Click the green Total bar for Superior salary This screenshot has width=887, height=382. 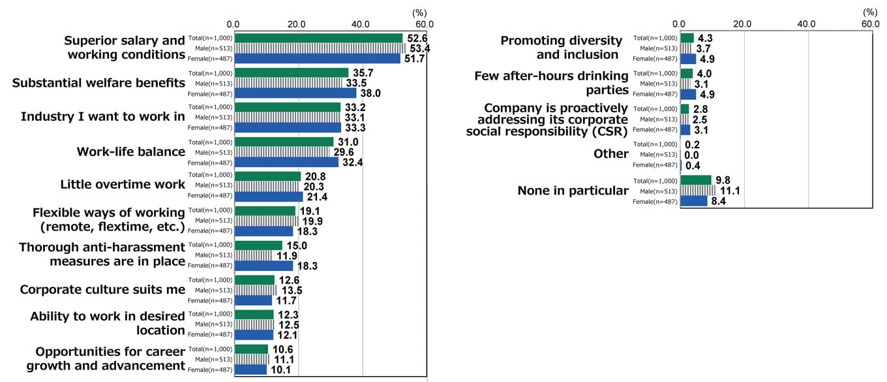pos(318,38)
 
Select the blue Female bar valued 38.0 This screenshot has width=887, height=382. pos(295,93)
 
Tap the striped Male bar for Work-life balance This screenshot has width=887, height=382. pos(282,152)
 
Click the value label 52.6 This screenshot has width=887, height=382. pos(417,38)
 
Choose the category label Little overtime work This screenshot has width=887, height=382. pos(123,184)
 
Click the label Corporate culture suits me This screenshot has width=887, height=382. pos(103,289)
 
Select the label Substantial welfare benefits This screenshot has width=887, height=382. pos(99,83)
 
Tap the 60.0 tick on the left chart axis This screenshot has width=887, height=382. pos(425,24)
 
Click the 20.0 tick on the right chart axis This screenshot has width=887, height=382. pos(743,24)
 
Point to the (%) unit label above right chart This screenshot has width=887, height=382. pos(870,12)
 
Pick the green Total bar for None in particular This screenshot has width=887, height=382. pos(695,180)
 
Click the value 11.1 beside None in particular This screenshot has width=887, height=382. pos(729,191)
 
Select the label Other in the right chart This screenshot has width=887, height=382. pos(611,154)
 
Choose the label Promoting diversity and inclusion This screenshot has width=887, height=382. pos(559,48)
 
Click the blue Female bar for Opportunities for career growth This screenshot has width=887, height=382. pos(250,370)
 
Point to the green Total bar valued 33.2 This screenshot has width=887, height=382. pos(287,107)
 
